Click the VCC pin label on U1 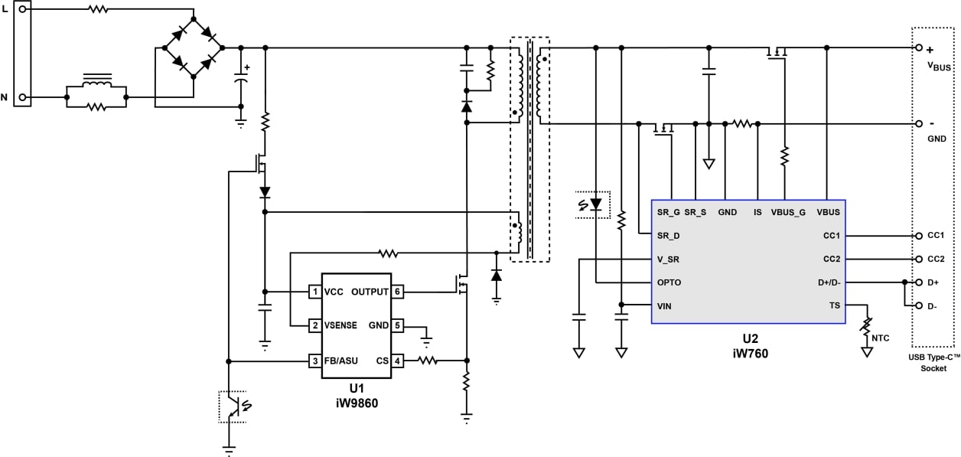click(x=334, y=292)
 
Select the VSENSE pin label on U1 click(x=341, y=325)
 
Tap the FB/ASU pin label click(x=341, y=361)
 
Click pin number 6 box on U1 click(x=398, y=292)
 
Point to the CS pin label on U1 click(x=383, y=361)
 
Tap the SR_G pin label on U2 click(x=668, y=212)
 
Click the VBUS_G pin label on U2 click(x=787, y=212)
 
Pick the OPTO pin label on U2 click(x=669, y=282)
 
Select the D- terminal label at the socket click(x=933, y=306)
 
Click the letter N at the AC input click(x=5, y=97)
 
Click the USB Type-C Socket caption click(x=933, y=363)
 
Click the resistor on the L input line click(x=98, y=10)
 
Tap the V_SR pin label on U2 click(x=668, y=260)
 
